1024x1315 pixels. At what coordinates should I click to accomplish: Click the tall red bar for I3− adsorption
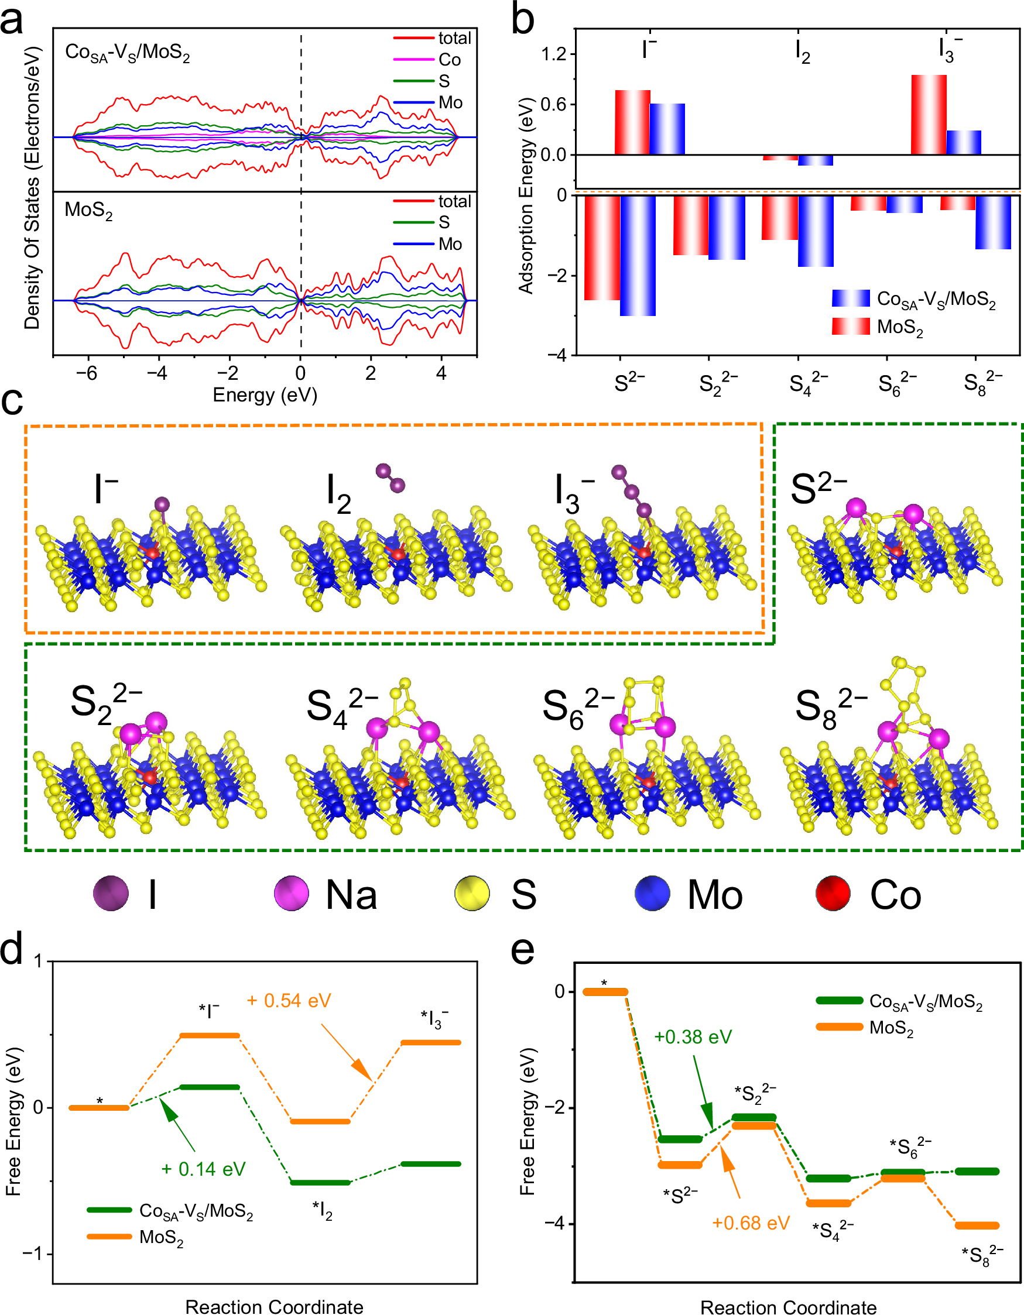(x=928, y=114)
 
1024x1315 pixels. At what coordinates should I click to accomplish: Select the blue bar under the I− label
(x=667, y=129)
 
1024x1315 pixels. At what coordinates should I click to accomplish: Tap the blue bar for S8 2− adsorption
(x=993, y=222)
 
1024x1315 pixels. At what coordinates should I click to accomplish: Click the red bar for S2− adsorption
(x=602, y=248)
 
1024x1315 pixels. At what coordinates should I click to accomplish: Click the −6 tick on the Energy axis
(x=87, y=374)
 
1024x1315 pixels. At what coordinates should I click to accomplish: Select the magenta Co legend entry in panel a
(x=427, y=60)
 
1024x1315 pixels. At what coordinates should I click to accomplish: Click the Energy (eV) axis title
(x=265, y=396)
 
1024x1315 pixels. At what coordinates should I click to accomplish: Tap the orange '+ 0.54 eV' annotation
(x=289, y=1001)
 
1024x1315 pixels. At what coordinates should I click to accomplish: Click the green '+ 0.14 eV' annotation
(x=203, y=1169)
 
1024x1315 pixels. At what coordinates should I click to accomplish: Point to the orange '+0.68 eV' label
(x=751, y=1223)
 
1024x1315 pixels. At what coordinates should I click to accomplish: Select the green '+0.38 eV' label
(x=693, y=1037)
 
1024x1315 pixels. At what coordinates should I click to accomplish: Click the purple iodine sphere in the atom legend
(x=111, y=894)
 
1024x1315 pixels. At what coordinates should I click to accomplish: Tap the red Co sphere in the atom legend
(x=833, y=894)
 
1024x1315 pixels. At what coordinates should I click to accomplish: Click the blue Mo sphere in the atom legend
(x=652, y=894)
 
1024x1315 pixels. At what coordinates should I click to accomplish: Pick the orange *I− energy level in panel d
(x=210, y=1036)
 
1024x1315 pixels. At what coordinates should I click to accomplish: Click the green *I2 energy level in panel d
(x=320, y=1183)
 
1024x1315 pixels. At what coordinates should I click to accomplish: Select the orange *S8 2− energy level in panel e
(x=977, y=1225)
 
